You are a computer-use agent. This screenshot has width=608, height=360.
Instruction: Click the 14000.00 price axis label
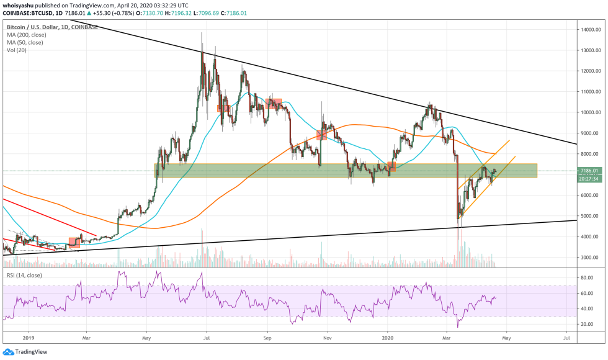click(x=589, y=30)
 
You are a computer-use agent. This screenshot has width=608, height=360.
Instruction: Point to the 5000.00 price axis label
click(x=589, y=216)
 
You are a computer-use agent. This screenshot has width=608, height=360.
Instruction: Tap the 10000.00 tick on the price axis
click(x=589, y=112)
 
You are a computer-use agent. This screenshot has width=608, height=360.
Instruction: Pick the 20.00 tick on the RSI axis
click(x=588, y=324)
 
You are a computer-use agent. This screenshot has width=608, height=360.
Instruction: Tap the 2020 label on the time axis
click(x=388, y=339)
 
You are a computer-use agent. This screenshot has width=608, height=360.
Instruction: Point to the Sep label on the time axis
click(x=268, y=339)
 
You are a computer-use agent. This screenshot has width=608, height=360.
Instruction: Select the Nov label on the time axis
click(x=328, y=339)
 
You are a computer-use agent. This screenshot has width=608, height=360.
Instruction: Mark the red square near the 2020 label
click(x=391, y=166)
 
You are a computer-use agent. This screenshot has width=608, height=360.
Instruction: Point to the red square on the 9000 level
click(x=321, y=135)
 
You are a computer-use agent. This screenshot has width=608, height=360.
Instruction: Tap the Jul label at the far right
click(x=566, y=339)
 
